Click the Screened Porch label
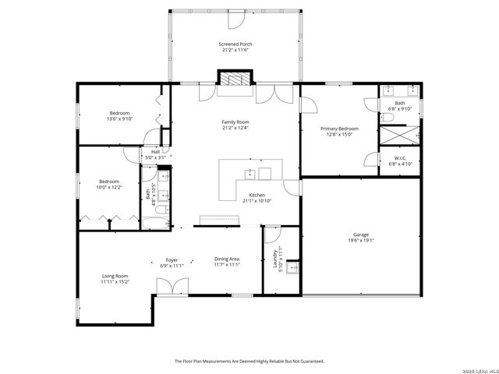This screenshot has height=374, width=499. tap(235, 44)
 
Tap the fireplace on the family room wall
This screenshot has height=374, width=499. tap(235, 79)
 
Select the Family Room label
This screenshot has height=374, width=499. tap(235, 122)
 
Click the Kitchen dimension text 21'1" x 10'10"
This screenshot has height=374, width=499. tap(257, 201)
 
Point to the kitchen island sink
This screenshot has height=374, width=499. tap(251, 173)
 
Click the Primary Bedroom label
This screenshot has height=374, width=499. tap(339, 128)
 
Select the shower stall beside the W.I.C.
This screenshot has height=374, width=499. tap(399, 136)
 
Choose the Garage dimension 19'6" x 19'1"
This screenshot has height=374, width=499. tap(360, 241)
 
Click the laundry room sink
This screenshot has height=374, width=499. tap(292, 269)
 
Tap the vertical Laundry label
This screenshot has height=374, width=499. tap(275, 258)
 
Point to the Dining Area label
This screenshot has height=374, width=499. tap(227, 259)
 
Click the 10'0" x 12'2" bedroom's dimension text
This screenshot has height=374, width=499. tap(109, 187)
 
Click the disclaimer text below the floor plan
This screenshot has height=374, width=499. tap(249, 361)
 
